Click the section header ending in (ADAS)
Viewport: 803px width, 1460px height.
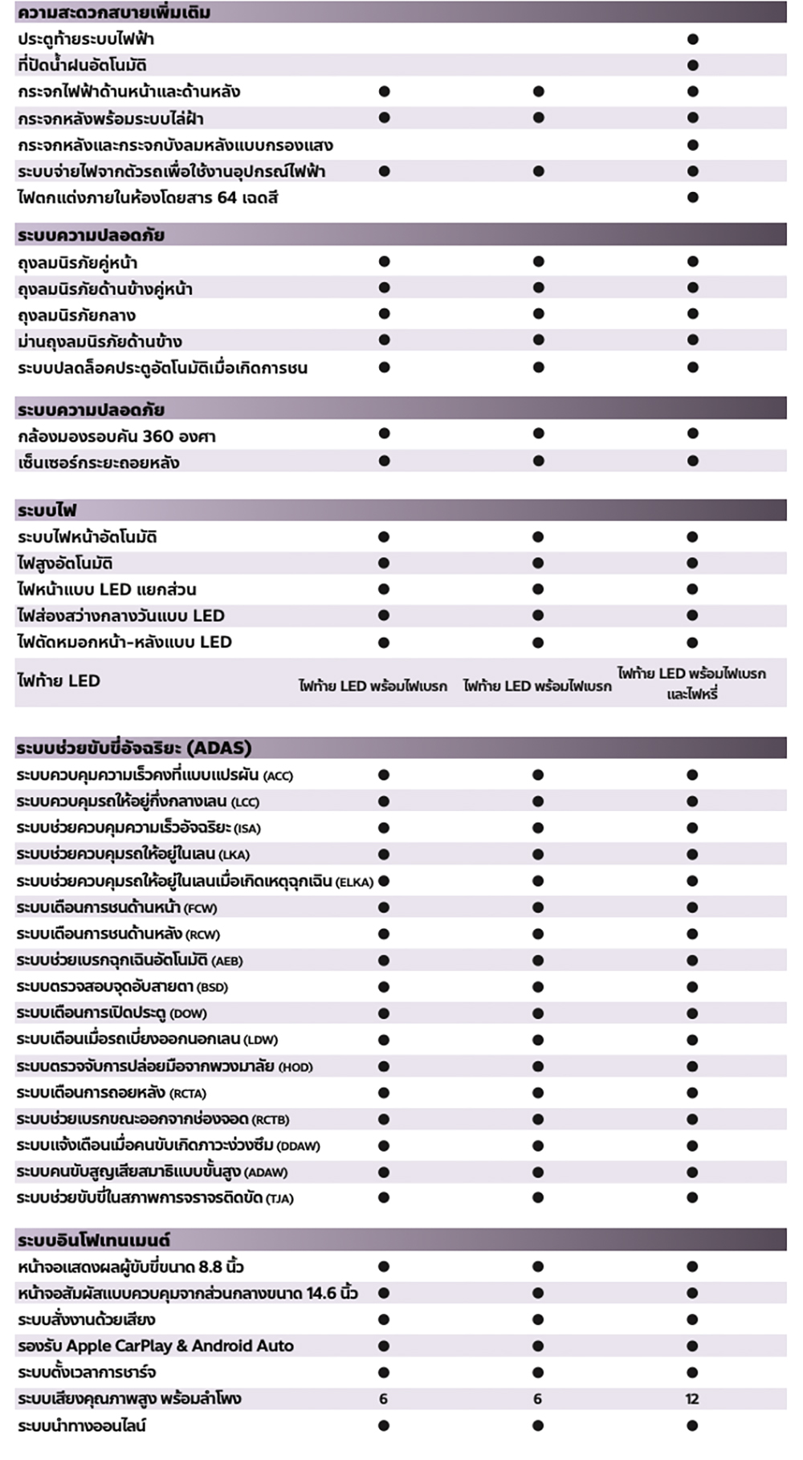click(134, 748)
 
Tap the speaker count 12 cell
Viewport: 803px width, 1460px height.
click(692, 1399)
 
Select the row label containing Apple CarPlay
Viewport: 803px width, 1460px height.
click(156, 1346)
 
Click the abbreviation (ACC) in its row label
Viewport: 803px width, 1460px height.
click(278, 776)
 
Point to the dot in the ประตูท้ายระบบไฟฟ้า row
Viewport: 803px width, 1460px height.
click(693, 39)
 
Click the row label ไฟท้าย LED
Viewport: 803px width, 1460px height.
click(59, 681)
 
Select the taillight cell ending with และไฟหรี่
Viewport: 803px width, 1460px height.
click(691, 683)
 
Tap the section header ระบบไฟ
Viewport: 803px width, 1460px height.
click(47, 510)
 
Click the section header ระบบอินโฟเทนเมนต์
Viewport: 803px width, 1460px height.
click(93, 1240)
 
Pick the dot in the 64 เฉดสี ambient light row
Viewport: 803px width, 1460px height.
click(693, 198)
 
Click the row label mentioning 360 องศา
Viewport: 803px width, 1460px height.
click(116, 436)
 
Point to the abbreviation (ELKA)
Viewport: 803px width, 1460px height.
click(354, 882)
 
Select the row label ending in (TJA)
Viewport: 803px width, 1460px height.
click(154, 1198)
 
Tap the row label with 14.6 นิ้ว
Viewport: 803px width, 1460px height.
click(187, 1293)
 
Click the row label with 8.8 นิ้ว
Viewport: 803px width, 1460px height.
click(130, 1266)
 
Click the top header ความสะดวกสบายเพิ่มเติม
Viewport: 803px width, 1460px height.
click(113, 13)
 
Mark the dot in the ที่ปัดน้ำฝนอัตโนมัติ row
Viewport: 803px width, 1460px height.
click(693, 65)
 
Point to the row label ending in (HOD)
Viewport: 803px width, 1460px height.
click(164, 1066)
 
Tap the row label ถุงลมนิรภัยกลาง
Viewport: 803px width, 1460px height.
click(76, 315)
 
